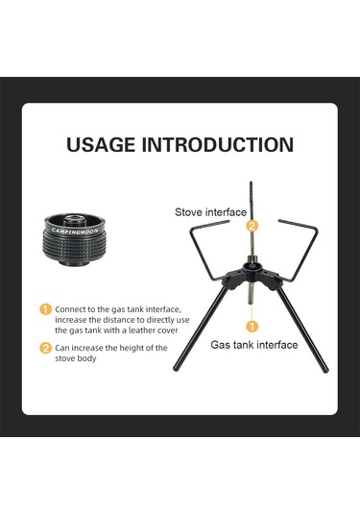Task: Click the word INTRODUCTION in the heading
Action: coord(222,145)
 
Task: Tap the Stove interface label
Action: coord(209,211)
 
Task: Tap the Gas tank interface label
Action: coord(253,343)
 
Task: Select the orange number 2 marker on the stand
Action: coord(252,226)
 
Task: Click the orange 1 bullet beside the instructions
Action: coord(45,309)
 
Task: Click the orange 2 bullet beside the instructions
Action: coord(45,348)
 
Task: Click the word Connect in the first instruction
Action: coord(70,309)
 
